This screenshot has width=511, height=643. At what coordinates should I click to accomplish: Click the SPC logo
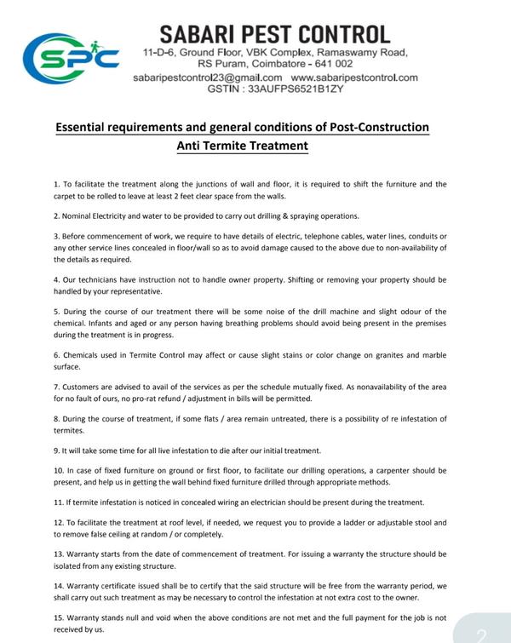click(x=72, y=56)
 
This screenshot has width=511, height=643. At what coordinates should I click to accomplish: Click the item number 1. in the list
click(x=56, y=184)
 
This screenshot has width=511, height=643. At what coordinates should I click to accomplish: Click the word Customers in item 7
click(x=83, y=387)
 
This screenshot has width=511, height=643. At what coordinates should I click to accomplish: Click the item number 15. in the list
click(x=59, y=617)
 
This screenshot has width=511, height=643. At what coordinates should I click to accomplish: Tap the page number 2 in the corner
click(x=481, y=634)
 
